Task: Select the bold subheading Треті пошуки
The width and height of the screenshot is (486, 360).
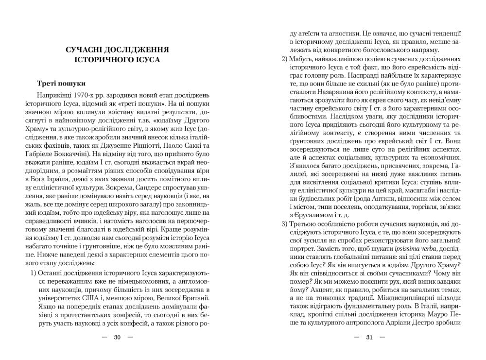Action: pos(61,83)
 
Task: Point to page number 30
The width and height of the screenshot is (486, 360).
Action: pos(117,337)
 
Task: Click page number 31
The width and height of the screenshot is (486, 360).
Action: pos(369,337)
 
